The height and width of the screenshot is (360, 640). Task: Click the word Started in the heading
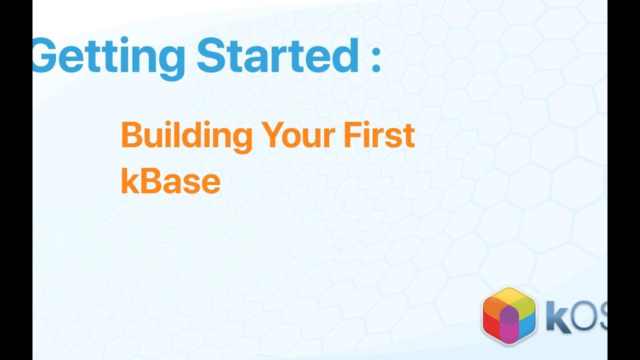[277, 54]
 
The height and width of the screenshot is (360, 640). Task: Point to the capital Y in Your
[272, 135]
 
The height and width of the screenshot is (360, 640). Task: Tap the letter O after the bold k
[585, 318]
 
